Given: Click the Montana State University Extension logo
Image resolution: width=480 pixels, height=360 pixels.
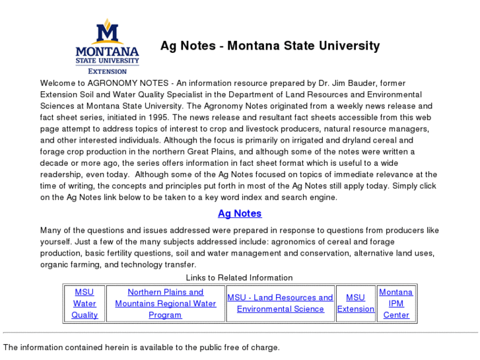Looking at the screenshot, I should coord(107,47).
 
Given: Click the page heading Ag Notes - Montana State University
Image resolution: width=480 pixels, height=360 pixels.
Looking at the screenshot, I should coord(270,46).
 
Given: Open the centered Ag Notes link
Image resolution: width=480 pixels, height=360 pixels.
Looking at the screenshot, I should coord(240,213).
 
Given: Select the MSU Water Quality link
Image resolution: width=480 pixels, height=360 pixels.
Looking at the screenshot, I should coord(85,303).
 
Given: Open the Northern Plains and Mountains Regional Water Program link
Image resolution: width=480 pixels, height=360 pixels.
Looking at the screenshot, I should coord(165,303).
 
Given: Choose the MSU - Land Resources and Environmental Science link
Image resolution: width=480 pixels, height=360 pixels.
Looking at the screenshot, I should coord(280,303).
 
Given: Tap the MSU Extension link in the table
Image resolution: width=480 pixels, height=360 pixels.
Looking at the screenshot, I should coord(355,303).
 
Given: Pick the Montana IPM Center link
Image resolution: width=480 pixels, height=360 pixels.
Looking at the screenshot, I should coord(396,303).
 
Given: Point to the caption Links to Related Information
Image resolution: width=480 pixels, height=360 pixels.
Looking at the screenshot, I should coord(239,277).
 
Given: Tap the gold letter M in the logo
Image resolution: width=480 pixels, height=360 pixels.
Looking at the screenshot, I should coord(107,31).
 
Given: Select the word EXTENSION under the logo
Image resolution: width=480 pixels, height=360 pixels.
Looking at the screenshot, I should coord(107,71).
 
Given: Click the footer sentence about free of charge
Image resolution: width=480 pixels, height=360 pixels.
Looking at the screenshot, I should coord(141,347).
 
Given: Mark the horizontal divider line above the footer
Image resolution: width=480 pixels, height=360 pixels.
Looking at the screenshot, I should coord(240,333).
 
